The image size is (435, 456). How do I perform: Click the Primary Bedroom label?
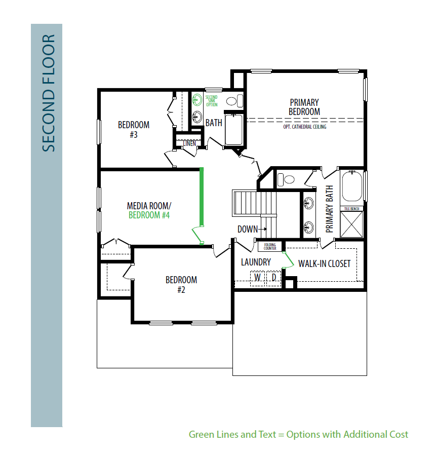304,107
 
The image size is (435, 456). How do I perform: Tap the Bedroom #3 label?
134,129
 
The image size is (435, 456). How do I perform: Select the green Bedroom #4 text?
149,215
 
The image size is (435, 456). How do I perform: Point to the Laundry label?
256,262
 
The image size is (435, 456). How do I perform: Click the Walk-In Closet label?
324,263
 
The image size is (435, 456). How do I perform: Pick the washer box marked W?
257,278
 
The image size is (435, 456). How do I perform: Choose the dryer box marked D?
274,278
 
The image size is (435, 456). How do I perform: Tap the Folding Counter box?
270,247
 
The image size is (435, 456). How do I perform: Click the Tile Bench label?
351,209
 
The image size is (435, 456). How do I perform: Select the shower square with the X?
351,224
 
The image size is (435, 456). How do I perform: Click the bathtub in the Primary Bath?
352,186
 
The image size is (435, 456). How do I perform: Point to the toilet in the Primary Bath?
286,179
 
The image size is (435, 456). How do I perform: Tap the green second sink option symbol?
197,100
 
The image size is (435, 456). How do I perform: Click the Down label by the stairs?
248,229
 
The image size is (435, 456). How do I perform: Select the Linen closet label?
189,143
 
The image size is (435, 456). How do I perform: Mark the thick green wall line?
202,197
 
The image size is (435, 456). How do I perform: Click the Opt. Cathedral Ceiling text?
305,127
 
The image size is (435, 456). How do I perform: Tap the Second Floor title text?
49,93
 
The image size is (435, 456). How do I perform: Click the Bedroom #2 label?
181,284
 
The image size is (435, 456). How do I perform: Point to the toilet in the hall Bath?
234,101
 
